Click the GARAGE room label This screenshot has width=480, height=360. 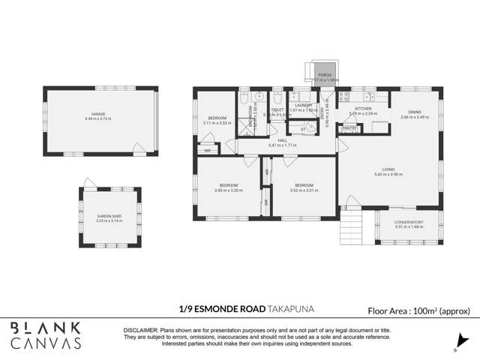[98, 115]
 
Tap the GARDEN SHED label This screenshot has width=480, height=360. [109, 216]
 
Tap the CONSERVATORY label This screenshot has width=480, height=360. [409, 222]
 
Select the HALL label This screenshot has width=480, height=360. [282, 140]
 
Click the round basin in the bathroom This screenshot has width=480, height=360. [259, 96]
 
